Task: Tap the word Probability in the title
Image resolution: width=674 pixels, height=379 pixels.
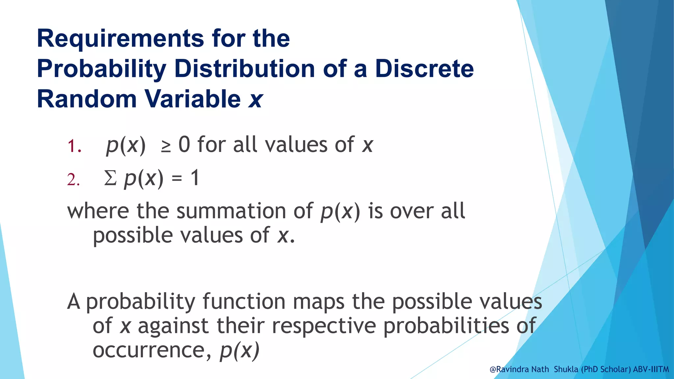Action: [x=102, y=69]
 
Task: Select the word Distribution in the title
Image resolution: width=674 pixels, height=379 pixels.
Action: [x=245, y=69]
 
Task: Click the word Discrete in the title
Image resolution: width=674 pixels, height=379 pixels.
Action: [x=424, y=69]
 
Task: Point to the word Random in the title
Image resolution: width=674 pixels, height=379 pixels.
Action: [x=87, y=99]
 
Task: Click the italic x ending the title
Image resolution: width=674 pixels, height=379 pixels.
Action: [x=255, y=100]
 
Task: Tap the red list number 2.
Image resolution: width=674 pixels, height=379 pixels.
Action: [x=73, y=180]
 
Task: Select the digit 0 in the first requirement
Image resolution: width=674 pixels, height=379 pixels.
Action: [x=184, y=145]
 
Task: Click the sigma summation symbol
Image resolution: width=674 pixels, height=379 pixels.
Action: [x=110, y=179]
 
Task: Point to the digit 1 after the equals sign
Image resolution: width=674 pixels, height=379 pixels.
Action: [x=195, y=178]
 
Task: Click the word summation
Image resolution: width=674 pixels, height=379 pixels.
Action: [x=231, y=211]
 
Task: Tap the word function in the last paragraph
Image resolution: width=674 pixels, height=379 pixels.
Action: [x=244, y=301]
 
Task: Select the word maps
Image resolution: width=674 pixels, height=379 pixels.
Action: [x=319, y=302]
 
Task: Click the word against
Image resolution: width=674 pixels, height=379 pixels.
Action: [x=173, y=326]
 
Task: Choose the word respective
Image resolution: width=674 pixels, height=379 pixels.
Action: [x=324, y=326]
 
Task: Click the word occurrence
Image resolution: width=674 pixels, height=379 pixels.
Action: [x=149, y=350]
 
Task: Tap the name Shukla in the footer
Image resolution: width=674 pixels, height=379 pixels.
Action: [x=566, y=369]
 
